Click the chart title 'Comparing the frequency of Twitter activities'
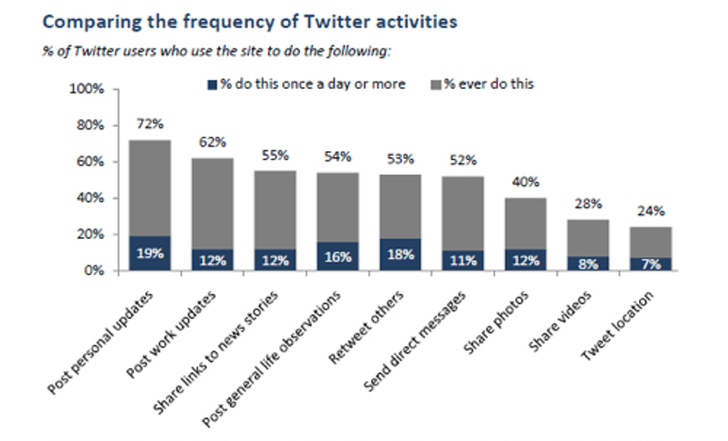coord(250,22)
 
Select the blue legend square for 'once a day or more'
coord(212,85)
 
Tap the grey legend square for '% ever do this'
coord(436,85)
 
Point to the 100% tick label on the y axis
coord(86,88)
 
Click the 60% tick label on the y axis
coord(90,162)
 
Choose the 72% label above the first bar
coord(150,124)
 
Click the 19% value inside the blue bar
coord(150,253)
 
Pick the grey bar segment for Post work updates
coord(213,203)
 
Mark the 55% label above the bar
coord(275,155)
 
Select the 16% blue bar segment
coord(338,256)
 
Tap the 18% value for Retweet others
coord(401,255)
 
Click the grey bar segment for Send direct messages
coord(463,214)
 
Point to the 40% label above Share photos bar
coord(526,182)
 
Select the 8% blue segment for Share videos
coord(589,264)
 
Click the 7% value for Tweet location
coord(651,264)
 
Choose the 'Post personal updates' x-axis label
coord(100,343)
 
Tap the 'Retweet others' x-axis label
coord(366,327)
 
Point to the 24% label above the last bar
coord(651,211)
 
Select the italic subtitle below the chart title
coord(217,50)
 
